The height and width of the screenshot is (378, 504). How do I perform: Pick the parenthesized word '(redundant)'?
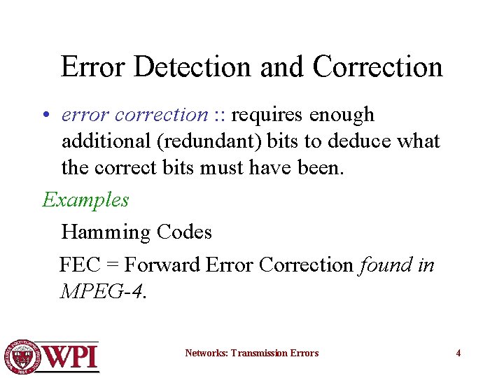click(210, 141)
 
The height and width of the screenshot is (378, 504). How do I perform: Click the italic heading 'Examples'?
click(85, 200)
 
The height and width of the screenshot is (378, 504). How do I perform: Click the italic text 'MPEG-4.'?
click(104, 291)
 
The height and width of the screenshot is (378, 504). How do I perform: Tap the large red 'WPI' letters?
click(71, 357)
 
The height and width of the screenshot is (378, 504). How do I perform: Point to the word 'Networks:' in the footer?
click(206, 353)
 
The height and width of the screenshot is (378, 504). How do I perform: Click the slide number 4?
click(458, 353)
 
